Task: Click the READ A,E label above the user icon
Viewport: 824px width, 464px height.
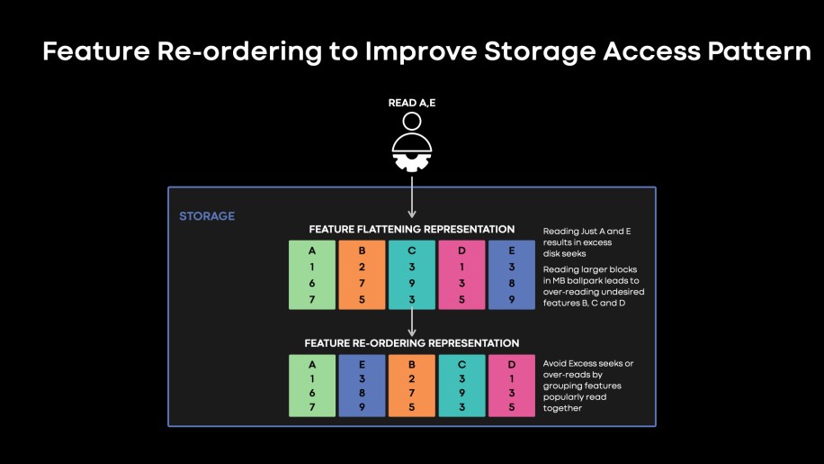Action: pyautogui.click(x=411, y=103)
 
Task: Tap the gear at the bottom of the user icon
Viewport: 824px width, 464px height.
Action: pyautogui.click(x=411, y=162)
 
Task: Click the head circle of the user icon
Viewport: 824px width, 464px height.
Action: pyautogui.click(x=411, y=122)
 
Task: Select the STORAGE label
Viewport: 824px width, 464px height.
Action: pyautogui.click(x=207, y=215)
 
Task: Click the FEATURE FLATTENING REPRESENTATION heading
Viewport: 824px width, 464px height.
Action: pyautogui.click(x=411, y=230)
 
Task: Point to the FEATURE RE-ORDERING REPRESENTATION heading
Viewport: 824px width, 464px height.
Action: pyautogui.click(x=411, y=343)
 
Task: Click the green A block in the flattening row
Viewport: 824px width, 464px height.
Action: pyautogui.click(x=312, y=275)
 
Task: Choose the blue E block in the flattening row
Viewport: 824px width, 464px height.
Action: pyautogui.click(x=511, y=275)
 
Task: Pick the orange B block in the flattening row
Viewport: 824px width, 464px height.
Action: pyautogui.click(x=362, y=275)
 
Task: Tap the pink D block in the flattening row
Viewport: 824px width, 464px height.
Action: pyautogui.click(x=461, y=275)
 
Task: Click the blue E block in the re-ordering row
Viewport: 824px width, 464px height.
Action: pyautogui.click(x=362, y=386)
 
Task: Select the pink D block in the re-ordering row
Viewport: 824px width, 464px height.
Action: pyautogui.click(x=511, y=386)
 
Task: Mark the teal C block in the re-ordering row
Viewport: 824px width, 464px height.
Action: pyautogui.click(x=461, y=386)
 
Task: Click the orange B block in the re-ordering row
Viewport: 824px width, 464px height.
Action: pyautogui.click(x=411, y=386)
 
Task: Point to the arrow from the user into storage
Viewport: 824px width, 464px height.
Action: pyautogui.click(x=411, y=197)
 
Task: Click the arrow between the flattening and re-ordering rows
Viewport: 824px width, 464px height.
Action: pyautogui.click(x=411, y=322)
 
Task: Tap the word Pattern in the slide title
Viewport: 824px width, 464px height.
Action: pyautogui.click(x=759, y=51)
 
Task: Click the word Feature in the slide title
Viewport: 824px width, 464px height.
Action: pyautogui.click(x=96, y=51)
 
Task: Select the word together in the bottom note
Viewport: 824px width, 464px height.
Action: pyautogui.click(x=562, y=408)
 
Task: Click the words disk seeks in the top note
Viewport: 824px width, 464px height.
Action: pyautogui.click(x=564, y=253)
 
